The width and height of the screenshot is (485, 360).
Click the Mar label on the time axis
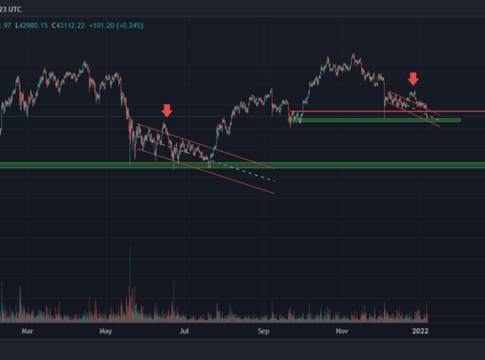(28, 331)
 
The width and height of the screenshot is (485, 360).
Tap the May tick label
(106, 331)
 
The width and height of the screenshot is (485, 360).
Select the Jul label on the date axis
(183, 331)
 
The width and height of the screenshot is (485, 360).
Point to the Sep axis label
(263, 331)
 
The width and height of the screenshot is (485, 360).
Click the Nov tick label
(341, 331)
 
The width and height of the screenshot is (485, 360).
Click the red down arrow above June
(167, 111)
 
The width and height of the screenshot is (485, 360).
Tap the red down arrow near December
(413, 78)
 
